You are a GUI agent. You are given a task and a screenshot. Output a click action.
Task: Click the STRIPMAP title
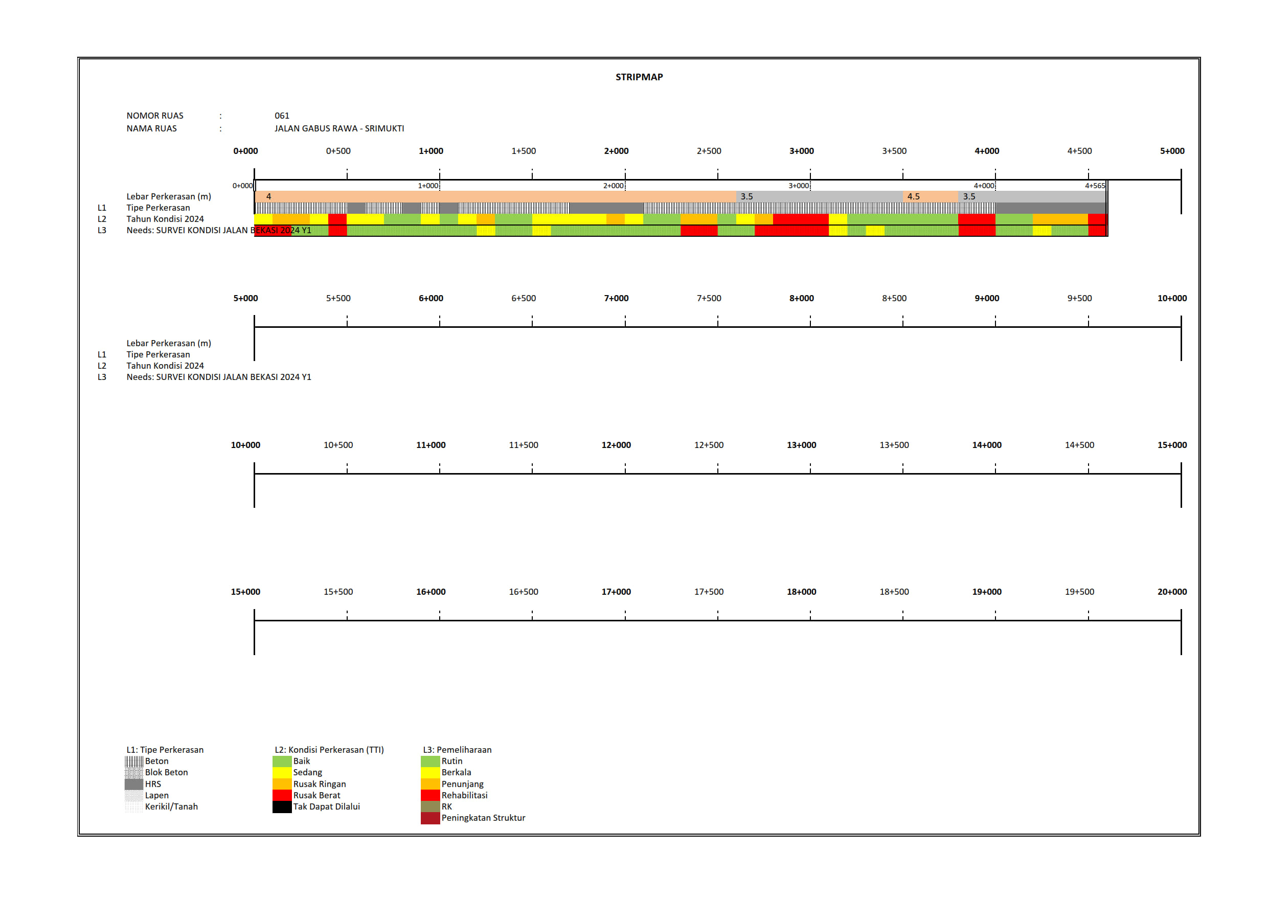639,77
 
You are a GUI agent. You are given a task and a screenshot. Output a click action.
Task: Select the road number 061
282,116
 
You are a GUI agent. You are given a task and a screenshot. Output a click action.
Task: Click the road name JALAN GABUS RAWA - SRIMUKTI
339,128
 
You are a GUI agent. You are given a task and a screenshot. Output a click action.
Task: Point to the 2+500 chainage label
709,151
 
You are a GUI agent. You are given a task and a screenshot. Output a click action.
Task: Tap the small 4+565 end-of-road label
1095,186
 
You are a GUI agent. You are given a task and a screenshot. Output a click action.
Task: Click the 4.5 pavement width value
914,196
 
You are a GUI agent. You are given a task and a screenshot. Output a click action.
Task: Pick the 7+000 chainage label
616,298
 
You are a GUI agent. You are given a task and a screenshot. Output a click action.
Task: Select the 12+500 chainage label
709,445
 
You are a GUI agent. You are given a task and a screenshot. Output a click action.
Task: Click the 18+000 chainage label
801,592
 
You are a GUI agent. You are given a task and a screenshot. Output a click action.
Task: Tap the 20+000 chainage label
1172,592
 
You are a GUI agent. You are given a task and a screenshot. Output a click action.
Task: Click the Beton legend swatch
133,761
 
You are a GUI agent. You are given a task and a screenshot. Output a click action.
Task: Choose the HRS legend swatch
133,784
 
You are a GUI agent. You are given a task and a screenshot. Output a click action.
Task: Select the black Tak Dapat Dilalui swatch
282,807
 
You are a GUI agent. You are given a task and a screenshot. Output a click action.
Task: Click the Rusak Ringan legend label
319,784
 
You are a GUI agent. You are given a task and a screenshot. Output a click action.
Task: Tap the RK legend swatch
429,807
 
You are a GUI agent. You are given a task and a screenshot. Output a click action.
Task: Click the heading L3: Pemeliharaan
457,750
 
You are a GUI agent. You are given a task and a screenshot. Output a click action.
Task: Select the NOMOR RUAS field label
154,116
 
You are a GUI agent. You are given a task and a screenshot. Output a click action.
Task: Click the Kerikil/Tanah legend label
171,807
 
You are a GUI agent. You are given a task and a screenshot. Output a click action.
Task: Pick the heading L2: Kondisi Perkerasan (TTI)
329,750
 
